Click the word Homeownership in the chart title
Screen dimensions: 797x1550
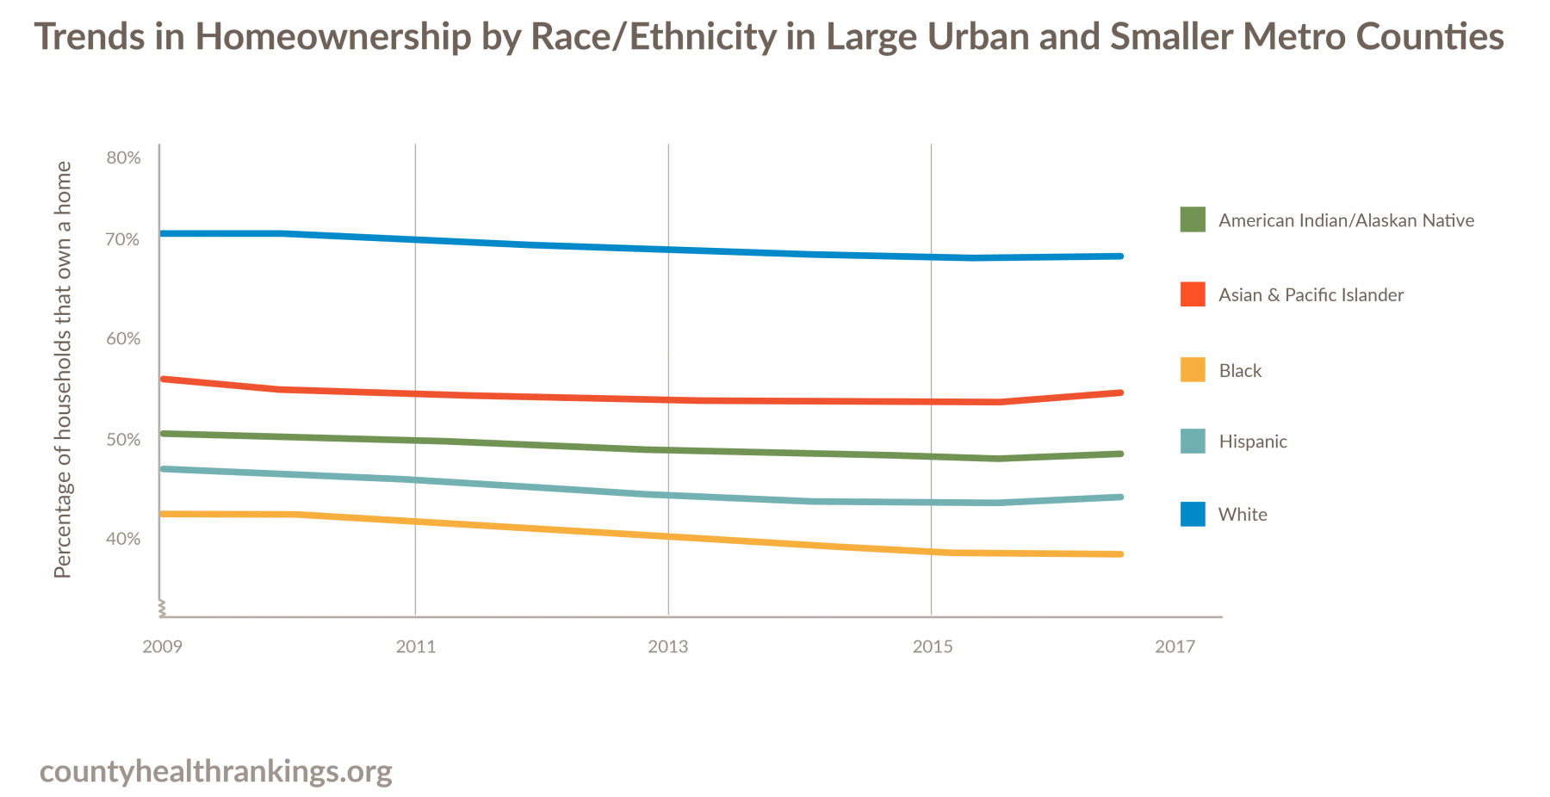click(332, 37)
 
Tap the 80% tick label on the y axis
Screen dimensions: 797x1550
click(123, 158)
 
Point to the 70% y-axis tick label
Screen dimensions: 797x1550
click(123, 240)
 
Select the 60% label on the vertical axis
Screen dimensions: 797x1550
click(123, 339)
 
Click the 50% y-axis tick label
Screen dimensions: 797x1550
click(123, 440)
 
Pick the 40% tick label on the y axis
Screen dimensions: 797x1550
click(123, 539)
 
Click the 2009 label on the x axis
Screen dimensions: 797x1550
click(162, 646)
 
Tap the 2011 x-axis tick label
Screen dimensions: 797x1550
click(416, 646)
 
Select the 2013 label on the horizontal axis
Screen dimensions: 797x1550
click(668, 646)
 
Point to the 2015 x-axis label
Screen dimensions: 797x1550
click(933, 646)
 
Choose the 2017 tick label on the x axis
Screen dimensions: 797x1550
click(1175, 646)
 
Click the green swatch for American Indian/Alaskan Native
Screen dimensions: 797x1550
click(1193, 219)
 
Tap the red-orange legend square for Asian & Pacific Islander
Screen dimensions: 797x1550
click(1193, 294)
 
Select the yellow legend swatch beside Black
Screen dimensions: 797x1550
click(1193, 369)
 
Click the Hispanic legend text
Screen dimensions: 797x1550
click(1253, 442)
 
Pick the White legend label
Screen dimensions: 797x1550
click(1243, 515)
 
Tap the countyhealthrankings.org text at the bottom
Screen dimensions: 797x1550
click(216, 771)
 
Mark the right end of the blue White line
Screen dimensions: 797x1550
click(1120, 256)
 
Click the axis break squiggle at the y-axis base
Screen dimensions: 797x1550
click(161, 609)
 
